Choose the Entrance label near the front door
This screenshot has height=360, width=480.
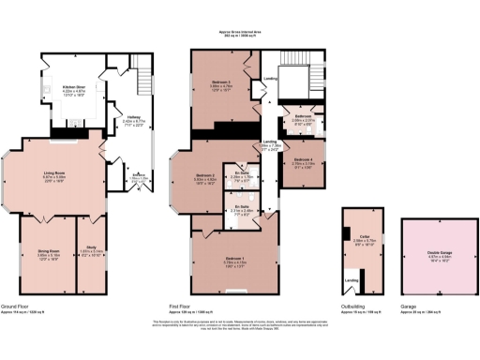[138, 175]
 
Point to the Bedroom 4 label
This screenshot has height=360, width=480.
[302, 160]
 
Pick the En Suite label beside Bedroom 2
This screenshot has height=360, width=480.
[242, 172]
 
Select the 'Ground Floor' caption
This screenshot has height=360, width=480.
[19, 307]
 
